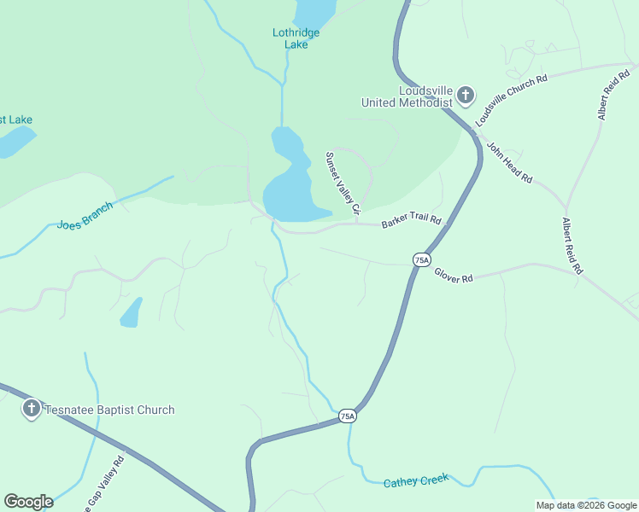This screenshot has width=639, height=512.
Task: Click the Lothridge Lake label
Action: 296,38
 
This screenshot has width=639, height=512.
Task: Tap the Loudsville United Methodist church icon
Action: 466,95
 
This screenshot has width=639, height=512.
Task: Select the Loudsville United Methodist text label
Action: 406,96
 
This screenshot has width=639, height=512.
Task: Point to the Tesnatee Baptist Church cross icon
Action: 32,409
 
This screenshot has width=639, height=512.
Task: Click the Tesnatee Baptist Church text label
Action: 108,410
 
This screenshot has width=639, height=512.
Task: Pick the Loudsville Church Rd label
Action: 512,101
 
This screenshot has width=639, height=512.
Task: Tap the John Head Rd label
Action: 509,162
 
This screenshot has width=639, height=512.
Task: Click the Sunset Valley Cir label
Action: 343,183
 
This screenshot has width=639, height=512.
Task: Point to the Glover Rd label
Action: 454,276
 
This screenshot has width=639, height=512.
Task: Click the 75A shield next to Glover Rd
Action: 420,259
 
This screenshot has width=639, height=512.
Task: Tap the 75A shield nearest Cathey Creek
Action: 346,416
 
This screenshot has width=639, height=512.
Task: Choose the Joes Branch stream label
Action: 85,217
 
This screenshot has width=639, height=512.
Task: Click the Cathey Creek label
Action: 416,482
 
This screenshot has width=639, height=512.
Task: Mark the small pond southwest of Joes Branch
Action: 131,313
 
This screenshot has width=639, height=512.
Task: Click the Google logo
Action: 28,502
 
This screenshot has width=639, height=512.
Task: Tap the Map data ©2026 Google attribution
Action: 586,505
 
